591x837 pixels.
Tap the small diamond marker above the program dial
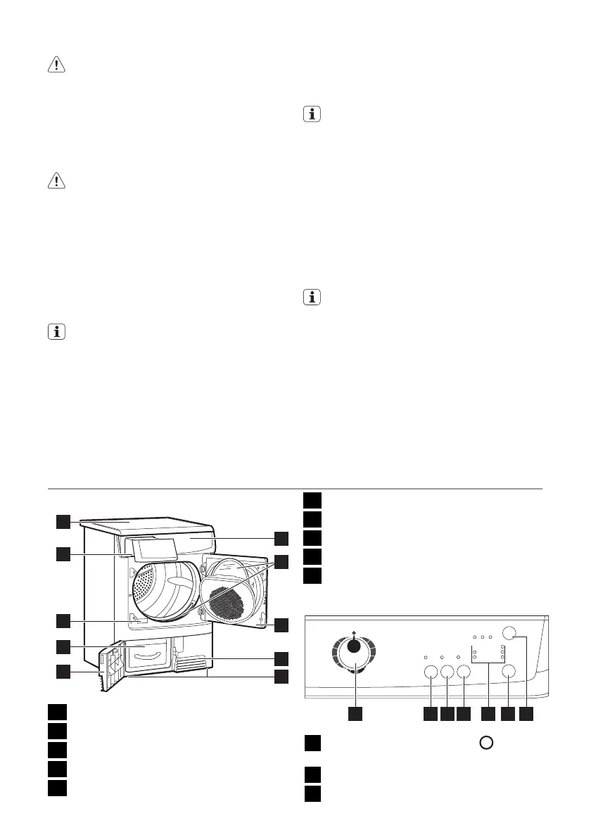353,632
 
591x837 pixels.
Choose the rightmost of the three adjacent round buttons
463,672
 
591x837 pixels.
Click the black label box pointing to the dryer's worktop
63,521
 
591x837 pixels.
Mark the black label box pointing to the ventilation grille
281,658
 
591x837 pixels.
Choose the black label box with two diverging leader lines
281,562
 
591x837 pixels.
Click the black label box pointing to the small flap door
63,671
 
